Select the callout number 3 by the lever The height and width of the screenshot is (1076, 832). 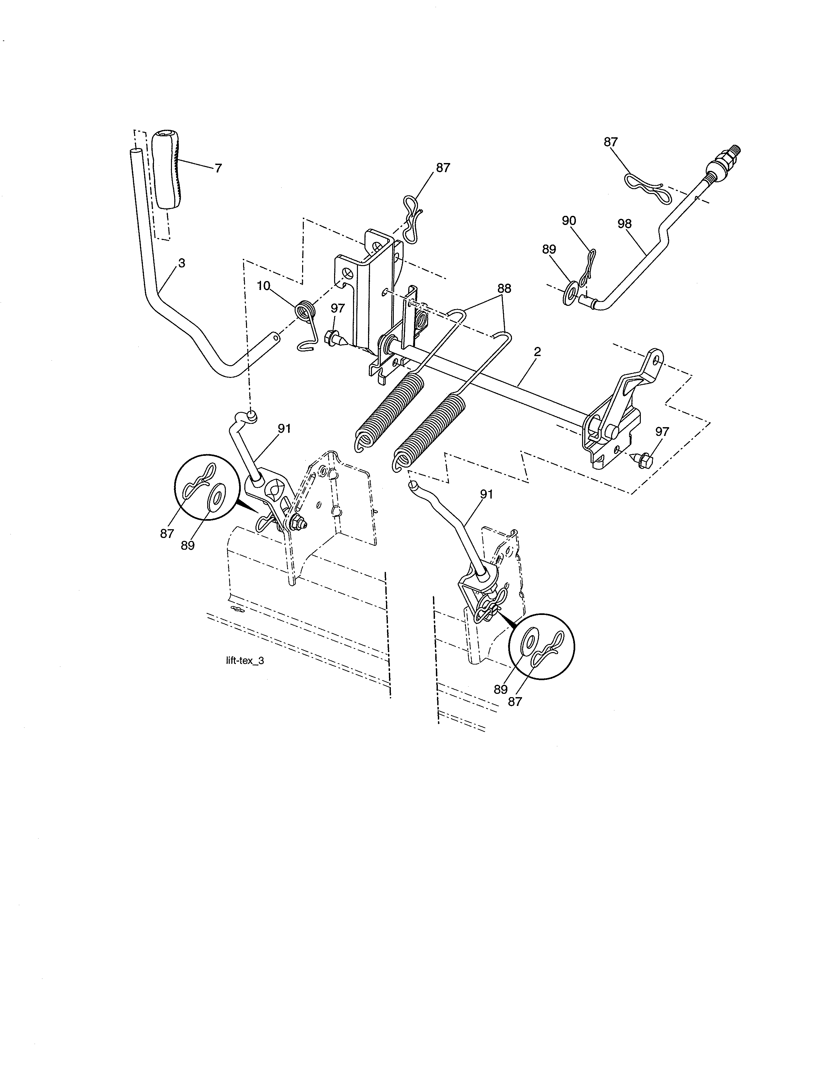point(182,263)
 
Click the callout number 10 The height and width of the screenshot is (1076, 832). point(264,286)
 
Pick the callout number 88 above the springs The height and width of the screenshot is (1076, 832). point(504,288)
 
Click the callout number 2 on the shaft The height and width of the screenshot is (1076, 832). point(537,352)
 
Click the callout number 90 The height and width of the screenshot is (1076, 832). point(569,221)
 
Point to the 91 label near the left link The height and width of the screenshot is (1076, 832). point(285,429)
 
